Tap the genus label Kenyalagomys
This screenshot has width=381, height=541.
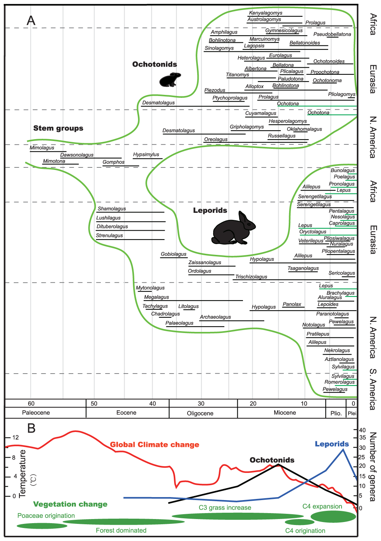266,13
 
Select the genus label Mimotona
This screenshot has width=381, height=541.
54,161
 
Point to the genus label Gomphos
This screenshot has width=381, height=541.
113,162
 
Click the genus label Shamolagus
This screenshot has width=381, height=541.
112,209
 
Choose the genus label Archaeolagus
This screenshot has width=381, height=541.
215,317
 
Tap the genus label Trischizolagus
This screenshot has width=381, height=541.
251,277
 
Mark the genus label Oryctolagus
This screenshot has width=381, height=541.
313,232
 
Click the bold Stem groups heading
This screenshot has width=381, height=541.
58,128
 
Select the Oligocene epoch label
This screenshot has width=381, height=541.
200,413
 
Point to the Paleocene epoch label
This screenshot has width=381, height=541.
36,413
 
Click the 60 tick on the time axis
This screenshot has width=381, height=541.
31,404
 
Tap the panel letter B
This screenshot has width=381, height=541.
31,428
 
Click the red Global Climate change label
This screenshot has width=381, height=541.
154,445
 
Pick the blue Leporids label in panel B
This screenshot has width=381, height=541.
332,444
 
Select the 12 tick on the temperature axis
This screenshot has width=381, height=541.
15,438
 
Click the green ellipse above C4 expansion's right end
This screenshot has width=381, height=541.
333,516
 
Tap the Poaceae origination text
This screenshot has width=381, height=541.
46,516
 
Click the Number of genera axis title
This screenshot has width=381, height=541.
372,467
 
